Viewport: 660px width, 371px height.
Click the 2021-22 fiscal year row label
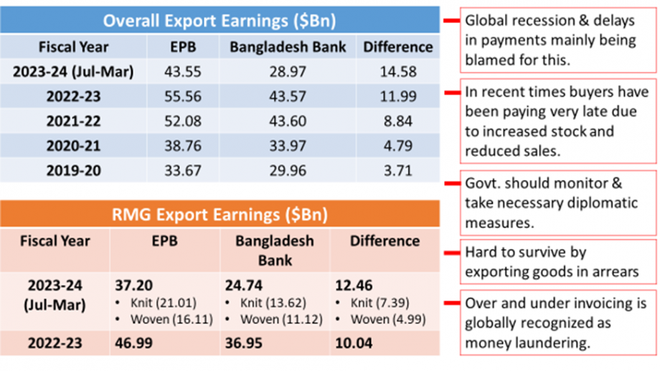pyautogui.click(x=73, y=122)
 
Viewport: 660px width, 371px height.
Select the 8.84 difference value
pyautogui.click(x=398, y=122)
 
